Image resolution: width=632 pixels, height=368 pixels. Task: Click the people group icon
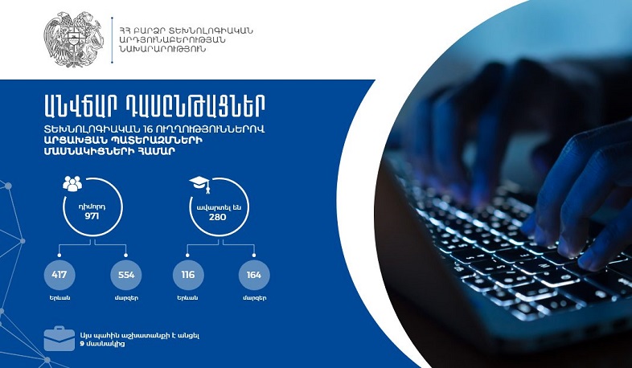(72, 185)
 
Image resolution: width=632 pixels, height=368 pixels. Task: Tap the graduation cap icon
(199, 184)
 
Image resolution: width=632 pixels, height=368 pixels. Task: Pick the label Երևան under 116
(187, 298)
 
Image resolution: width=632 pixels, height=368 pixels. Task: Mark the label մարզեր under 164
(254, 298)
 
